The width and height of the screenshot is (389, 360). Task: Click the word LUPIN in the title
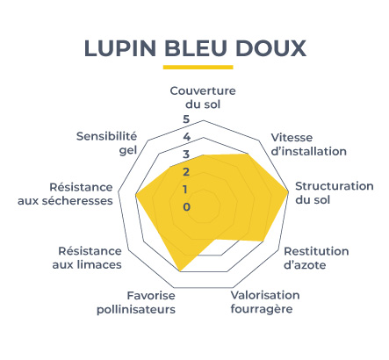point(120,48)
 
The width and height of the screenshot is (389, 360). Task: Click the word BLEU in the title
point(196,48)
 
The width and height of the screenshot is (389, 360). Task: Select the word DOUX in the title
point(270,48)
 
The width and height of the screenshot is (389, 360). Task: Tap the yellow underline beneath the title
point(198,67)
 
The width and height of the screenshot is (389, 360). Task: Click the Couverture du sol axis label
point(203,97)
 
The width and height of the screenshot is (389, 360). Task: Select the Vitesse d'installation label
point(309,144)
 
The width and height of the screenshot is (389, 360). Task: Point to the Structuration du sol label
point(335,193)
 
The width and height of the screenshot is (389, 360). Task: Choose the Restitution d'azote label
point(316,258)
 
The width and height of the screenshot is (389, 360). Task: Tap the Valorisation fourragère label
point(265,302)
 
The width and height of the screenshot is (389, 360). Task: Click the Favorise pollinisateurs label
point(136,303)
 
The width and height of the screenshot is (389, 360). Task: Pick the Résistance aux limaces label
point(87,258)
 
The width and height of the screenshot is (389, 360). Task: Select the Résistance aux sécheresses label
point(65,194)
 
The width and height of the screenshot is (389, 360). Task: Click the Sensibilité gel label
point(106,143)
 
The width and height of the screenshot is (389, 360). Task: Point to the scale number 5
point(186,119)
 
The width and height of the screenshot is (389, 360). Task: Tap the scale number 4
point(186,137)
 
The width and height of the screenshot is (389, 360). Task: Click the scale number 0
point(186,207)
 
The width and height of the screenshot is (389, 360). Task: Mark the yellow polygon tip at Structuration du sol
point(288,192)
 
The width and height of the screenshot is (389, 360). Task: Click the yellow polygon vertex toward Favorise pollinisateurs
point(180,270)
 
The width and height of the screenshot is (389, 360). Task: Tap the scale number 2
point(186,172)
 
